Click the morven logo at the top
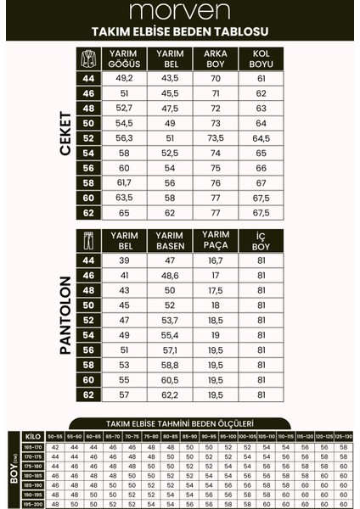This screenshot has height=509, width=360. click(179, 12)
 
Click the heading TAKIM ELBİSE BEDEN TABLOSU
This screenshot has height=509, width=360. click(179, 31)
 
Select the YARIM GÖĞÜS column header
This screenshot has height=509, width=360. click(124, 58)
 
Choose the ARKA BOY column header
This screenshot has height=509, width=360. click(215, 58)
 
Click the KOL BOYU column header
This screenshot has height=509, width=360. click(261, 58)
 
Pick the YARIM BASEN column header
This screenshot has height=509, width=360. click(170, 239)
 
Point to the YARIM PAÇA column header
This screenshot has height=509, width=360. click(215, 239)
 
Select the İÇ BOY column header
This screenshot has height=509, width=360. click(261, 239)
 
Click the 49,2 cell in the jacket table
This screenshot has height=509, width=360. click(124, 79)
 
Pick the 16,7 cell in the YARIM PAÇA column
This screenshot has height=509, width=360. click(215, 260)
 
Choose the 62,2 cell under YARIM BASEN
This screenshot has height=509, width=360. click(170, 394)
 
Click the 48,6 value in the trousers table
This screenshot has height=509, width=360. click(170, 275)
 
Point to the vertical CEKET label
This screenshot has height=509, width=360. click(65, 134)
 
